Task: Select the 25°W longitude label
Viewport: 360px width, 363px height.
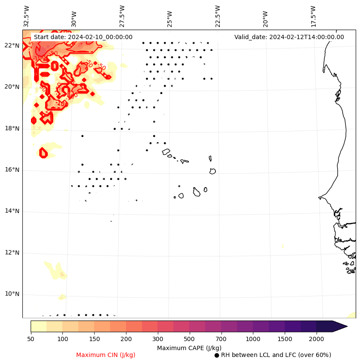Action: point(170,16)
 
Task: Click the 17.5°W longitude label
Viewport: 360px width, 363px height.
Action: point(313,16)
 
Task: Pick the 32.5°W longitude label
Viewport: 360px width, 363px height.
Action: point(27,16)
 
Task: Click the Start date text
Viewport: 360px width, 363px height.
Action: point(83,37)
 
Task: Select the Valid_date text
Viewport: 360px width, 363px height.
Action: point(289,37)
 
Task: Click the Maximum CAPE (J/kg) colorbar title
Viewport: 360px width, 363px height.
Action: point(189,348)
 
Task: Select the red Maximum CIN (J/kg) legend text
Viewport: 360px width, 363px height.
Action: point(106,355)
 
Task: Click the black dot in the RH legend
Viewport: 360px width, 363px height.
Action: point(217,355)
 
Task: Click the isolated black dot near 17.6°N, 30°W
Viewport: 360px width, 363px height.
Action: point(82,136)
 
